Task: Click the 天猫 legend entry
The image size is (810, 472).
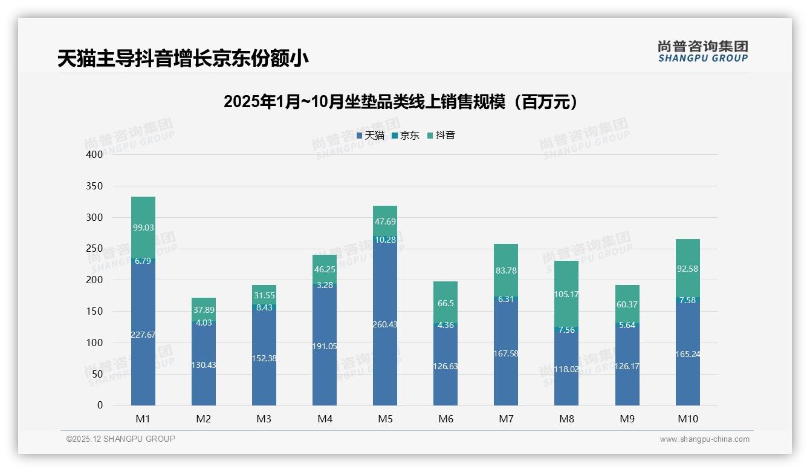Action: point(371,136)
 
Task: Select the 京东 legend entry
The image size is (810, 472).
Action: point(406,136)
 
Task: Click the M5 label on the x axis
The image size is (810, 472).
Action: point(385,419)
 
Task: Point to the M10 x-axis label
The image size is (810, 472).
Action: point(688,419)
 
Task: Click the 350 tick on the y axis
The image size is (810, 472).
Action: point(95,186)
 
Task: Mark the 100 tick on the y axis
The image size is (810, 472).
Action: point(95,343)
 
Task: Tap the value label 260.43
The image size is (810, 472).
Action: point(385,324)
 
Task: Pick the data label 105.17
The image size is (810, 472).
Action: point(566,295)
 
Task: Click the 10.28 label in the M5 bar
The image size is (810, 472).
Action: point(385,240)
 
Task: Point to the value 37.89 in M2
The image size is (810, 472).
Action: point(204,310)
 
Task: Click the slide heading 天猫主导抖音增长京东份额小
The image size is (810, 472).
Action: point(183,59)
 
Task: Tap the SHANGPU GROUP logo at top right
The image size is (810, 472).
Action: point(702,51)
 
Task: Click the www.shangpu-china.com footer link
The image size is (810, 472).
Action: point(704,439)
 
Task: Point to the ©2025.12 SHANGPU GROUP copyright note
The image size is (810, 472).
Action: point(121,439)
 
